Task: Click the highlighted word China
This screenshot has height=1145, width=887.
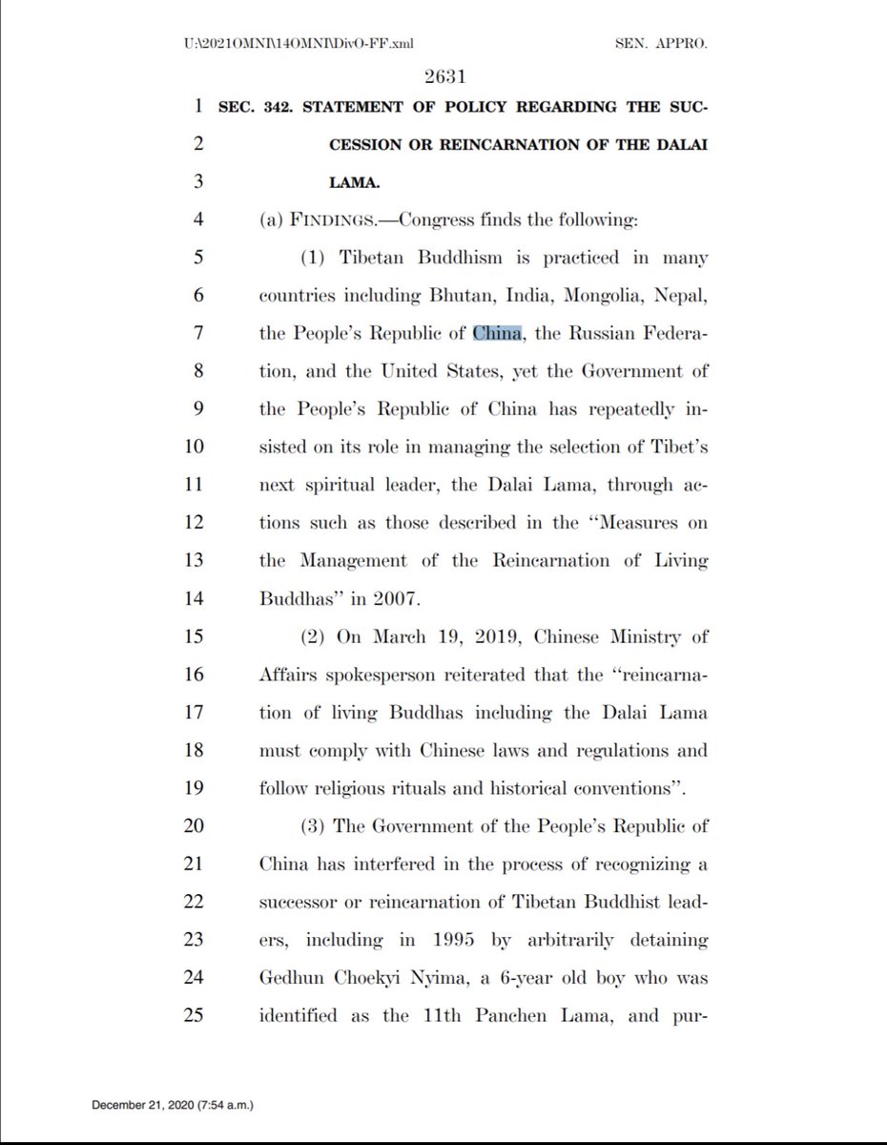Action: pyautogui.click(x=498, y=333)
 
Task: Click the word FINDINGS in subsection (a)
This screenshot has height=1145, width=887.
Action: pyautogui.click(x=337, y=220)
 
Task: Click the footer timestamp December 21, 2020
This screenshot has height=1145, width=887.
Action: pyautogui.click(x=143, y=1106)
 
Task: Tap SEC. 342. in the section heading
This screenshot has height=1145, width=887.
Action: pyautogui.click(x=259, y=107)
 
